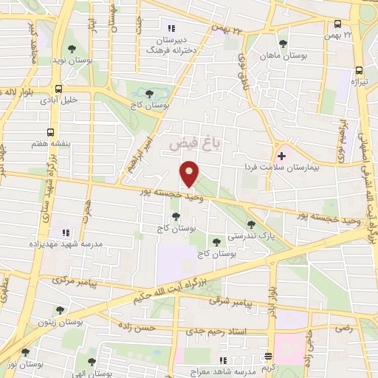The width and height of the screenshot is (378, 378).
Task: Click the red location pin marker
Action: pos(190,173)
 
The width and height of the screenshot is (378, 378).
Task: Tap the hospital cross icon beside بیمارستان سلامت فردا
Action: pos(281,156)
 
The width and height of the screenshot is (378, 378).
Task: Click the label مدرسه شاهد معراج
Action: pos(224,370)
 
